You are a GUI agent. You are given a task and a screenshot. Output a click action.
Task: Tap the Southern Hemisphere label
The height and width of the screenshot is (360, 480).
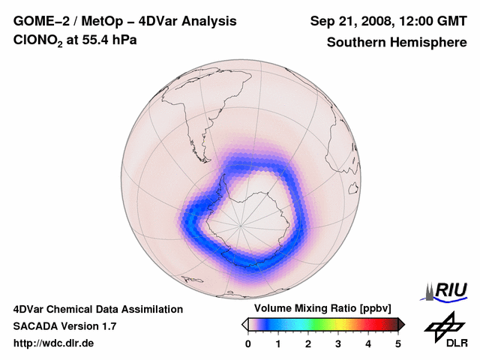coord(396,42)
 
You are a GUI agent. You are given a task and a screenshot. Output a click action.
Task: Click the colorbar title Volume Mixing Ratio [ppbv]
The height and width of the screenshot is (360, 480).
coord(323,309)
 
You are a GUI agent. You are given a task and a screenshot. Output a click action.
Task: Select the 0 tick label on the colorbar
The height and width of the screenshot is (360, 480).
coord(248,343)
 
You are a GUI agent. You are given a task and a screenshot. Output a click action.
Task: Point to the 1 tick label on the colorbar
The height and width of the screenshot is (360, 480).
coord(278,343)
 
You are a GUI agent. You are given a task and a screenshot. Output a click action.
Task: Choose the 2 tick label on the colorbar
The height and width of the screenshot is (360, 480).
coord(308,343)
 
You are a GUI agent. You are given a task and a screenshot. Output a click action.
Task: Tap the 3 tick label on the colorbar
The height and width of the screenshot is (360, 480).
coord(338,343)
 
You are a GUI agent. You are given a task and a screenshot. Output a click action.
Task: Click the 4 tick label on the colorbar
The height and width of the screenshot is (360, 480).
coord(368,343)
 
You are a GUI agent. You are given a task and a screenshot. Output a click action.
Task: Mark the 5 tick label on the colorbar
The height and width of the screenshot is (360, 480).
coord(398,343)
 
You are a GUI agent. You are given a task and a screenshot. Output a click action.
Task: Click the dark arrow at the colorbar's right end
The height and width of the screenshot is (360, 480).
coord(401,324)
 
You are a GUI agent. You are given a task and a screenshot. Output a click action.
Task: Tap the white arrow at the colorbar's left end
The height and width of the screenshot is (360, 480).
coord(244,324)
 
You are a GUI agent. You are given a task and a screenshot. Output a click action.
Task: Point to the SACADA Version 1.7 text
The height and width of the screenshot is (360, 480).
coord(64,326)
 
